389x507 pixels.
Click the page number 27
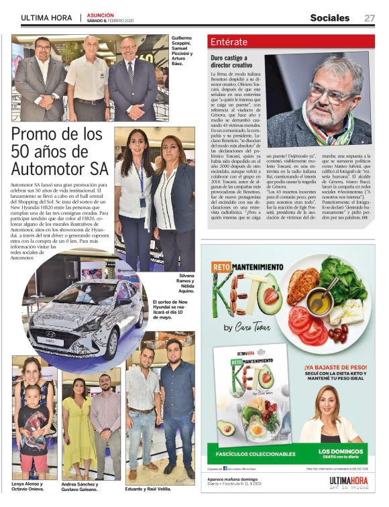point(370,18)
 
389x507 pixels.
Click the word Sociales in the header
point(329,18)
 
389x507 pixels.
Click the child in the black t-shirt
point(33,426)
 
